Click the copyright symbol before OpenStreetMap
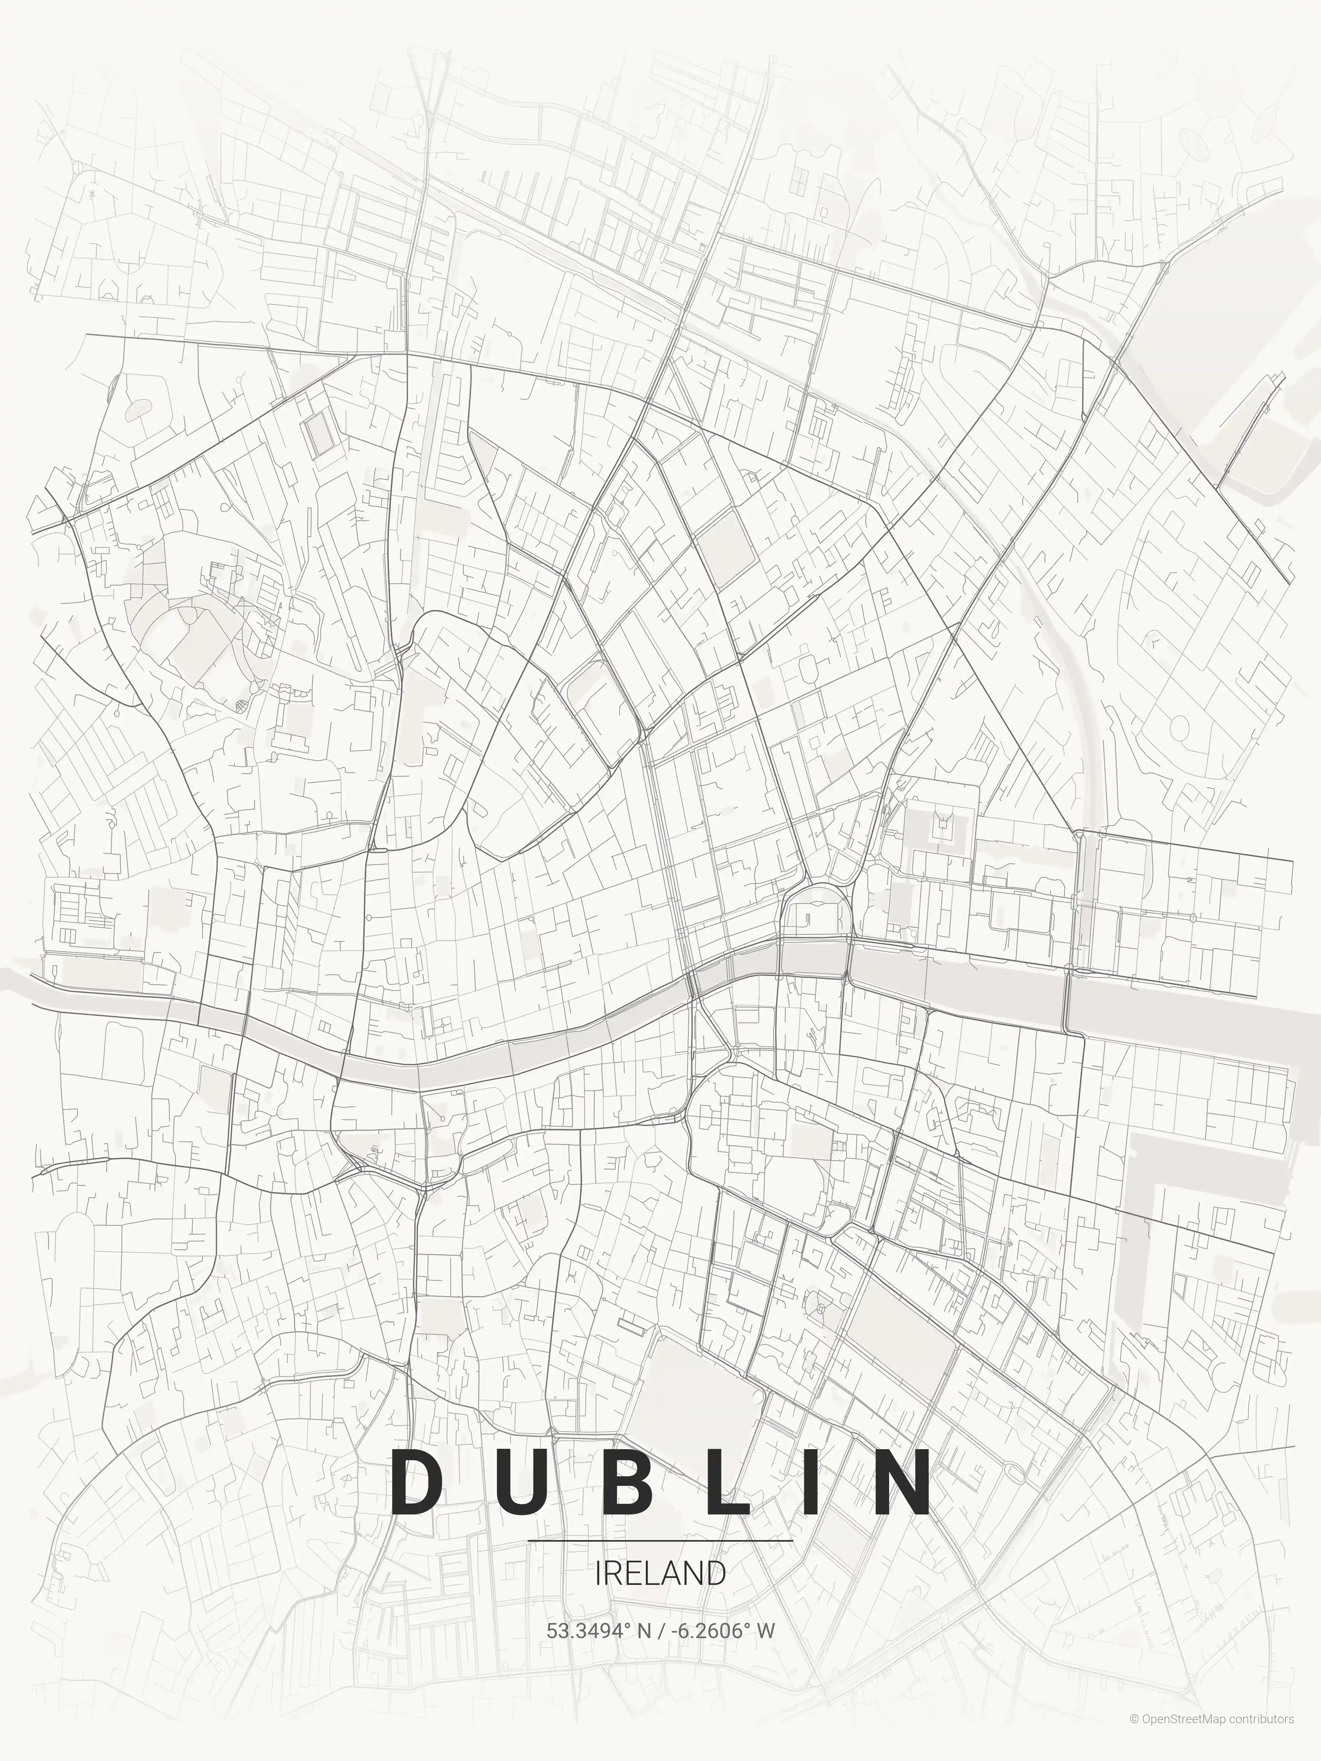click(x=1134, y=1735)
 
